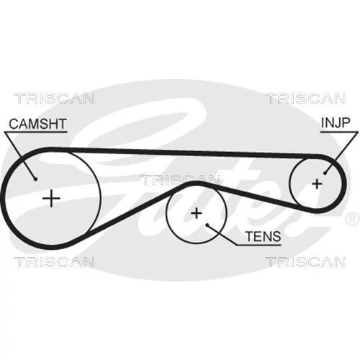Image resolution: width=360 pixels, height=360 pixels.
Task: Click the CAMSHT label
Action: coord(37,124)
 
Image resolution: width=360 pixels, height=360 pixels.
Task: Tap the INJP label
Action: coord(336,122)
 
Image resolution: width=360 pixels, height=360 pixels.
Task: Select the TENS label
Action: coord(263,236)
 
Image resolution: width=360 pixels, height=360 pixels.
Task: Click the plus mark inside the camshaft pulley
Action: coord(51,198)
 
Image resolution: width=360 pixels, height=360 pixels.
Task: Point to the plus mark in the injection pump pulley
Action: coord(317,184)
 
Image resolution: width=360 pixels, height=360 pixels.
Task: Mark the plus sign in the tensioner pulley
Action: coord(197,213)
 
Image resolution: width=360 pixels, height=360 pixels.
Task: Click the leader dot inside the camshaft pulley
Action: coord(35,179)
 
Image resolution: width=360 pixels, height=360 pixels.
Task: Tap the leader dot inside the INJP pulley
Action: coord(325,173)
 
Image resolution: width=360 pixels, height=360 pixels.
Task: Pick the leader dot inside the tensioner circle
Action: coord(207,225)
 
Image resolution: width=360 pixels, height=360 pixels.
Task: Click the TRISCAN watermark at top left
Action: coord(55,99)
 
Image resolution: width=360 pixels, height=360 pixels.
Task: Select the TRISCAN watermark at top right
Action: coord(306,99)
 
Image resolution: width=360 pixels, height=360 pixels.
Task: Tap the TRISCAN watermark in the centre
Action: coord(180,180)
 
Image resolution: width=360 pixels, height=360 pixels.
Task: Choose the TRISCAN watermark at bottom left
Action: coord(55,262)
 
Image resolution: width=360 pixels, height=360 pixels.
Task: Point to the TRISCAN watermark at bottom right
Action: coord(306,262)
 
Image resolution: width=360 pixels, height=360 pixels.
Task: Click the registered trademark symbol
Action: coord(352,220)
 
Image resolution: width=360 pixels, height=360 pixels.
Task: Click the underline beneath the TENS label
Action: coord(258,245)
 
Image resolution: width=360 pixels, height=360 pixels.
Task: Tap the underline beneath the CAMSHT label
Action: coord(36,132)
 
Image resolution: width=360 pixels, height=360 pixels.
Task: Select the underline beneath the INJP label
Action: coord(339,132)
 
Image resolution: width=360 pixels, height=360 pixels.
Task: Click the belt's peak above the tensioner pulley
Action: coord(196,184)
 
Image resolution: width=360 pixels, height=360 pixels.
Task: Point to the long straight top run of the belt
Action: coord(182,153)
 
